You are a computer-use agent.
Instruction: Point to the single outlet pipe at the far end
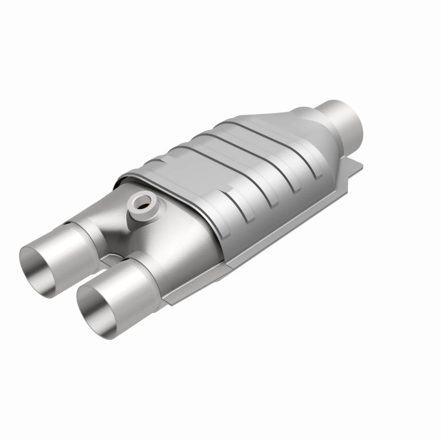342,116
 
